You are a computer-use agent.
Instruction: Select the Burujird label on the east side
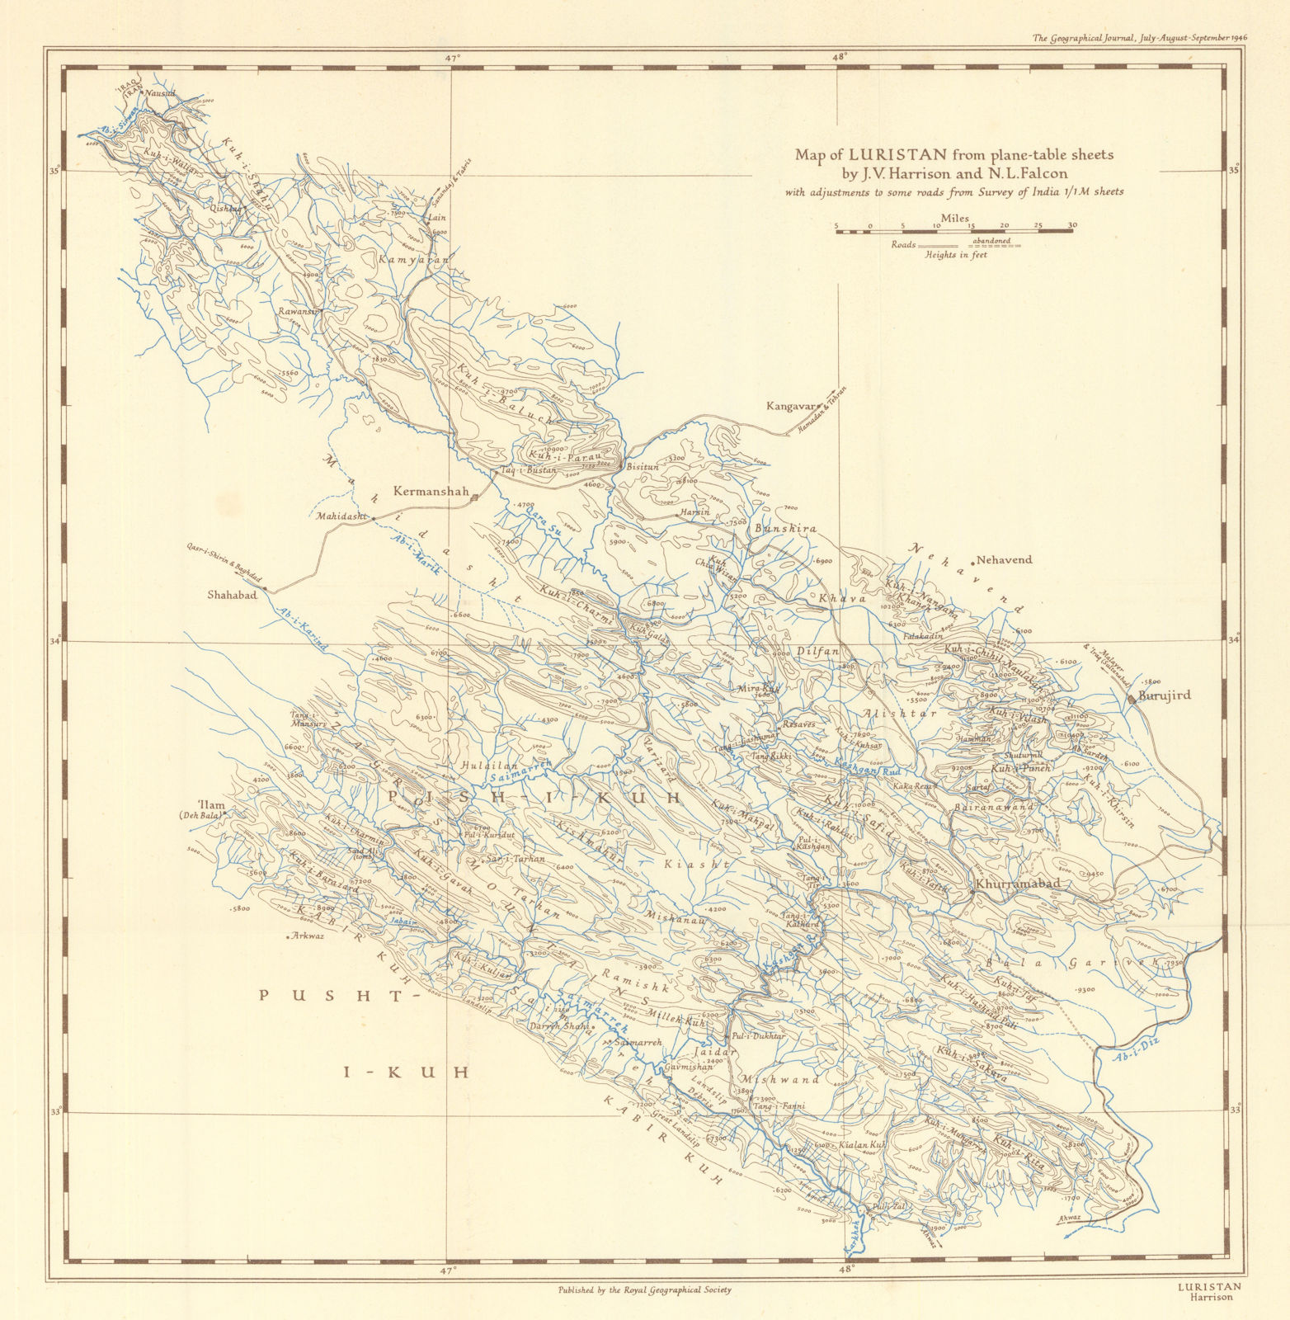(x=1165, y=695)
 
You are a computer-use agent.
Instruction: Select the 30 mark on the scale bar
(x=1071, y=225)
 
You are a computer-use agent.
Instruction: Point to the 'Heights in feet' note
(x=956, y=255)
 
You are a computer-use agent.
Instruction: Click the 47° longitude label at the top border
(x=452, y=58)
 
